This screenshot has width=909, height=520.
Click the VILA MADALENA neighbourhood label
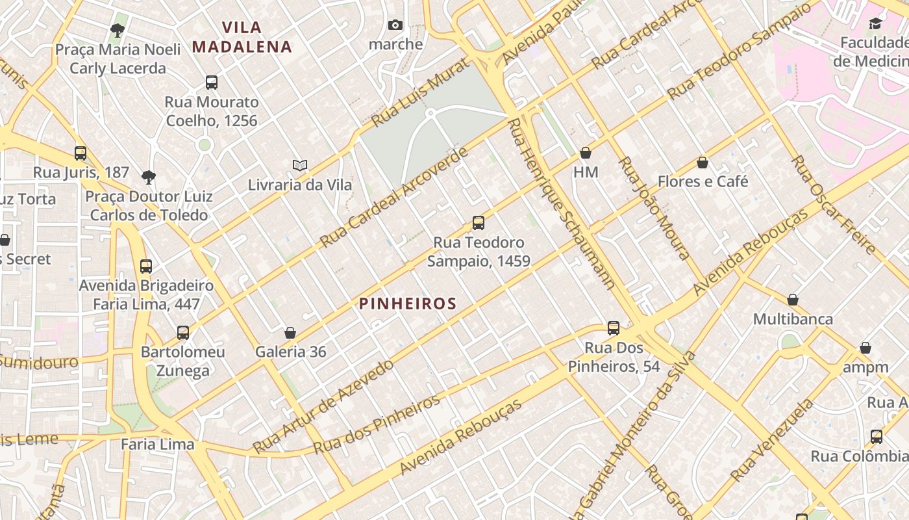point(242,37)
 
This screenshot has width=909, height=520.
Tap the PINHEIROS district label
point(408,304)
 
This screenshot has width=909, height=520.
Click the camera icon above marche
point(395,25)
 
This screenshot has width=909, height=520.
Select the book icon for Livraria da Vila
point(300,166)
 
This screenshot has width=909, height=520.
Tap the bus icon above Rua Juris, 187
point(81,153)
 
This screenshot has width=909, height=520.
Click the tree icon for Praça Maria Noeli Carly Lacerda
point(118,30)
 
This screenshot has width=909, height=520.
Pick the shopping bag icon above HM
point(586,153)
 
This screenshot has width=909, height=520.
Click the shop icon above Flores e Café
point(703,162)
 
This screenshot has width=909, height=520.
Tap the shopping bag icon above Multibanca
point(793,300)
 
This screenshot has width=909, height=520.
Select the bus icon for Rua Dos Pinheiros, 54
point(614,328)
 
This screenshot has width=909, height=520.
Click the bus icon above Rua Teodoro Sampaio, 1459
point(479,223)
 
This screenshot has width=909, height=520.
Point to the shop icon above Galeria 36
point(290,333)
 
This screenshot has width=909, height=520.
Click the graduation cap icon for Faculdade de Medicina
point(876,24)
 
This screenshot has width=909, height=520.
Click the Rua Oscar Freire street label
point(834,204)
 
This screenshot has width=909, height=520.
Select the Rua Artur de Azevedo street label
point(323,406)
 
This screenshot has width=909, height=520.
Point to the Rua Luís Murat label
point(419,92)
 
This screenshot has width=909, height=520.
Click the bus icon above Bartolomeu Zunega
point(183,333)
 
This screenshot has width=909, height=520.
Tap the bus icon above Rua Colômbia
point(877,437)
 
